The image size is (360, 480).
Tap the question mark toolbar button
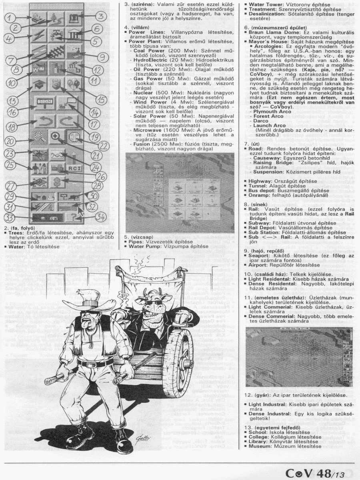point(73,217)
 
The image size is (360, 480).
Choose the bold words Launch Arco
point(269,126)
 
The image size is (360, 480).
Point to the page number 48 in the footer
point(319,473)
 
